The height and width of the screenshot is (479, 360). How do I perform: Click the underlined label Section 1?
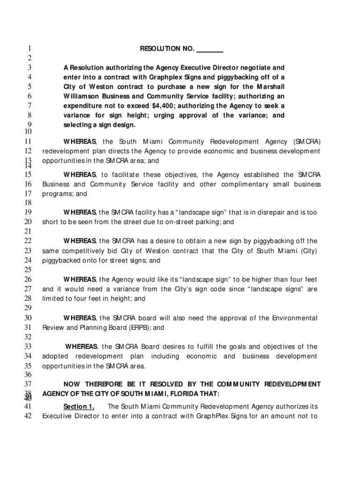tap(79, 406)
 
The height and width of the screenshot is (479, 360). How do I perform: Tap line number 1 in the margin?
tap(29, 49)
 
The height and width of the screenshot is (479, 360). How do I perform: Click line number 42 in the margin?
tap(27, 416)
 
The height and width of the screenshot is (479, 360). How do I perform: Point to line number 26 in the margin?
tap(27, 279)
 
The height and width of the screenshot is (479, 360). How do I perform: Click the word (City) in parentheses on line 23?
tap(308, 251)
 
